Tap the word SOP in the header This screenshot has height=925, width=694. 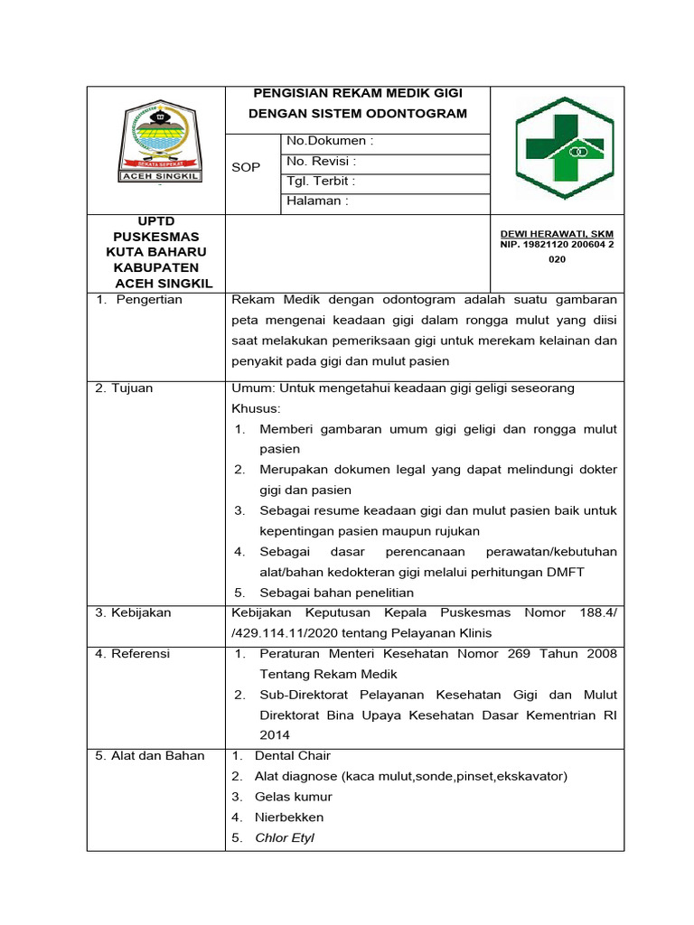tap(246, 168)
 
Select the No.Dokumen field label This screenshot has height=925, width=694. tap(330, 142)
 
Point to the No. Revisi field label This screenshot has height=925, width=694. tap(321, 162)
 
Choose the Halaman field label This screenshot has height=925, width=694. tap(317, 201)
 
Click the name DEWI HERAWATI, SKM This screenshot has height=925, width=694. tap(557, 233)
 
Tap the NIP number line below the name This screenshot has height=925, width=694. tap(557, 244)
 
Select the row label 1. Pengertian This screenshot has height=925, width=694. tap(139, 300)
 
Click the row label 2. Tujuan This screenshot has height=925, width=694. tap(125, 388)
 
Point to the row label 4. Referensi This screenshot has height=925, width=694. tap(133, 653)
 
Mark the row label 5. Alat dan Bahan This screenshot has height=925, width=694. tap(150, 755)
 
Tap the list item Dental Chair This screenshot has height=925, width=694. tap(293, 755)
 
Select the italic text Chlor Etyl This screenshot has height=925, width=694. tap(285, 837)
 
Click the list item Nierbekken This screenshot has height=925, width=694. tap(289, 817)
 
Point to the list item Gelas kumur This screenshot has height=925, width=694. tap(294, 797)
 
